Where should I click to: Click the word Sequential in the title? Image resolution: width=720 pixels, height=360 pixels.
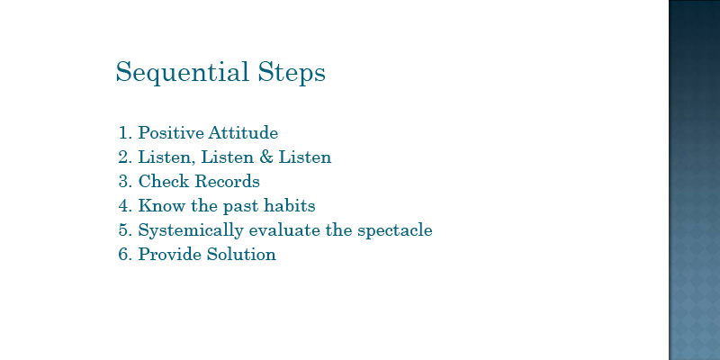click(x=182, y=73)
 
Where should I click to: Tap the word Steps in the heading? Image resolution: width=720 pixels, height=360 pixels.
click(x=292, y=73)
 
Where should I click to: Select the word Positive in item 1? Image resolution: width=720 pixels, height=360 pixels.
click(x=171, y=132)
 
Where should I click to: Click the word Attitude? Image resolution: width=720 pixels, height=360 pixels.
click(x=243, y=132)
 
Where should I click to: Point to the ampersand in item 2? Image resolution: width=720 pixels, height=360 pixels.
click(x=266, y=157)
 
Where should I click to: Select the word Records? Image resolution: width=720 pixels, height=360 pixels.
click(x=228, y=182)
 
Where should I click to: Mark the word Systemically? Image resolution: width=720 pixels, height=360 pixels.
click(x=191, y=230)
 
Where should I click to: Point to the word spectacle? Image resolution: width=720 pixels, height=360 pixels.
click(x=395, y=230)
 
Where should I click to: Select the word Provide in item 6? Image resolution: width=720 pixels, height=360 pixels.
click(x=170, y=254)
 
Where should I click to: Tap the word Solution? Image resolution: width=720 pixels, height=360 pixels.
click(x=241, y=254)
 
